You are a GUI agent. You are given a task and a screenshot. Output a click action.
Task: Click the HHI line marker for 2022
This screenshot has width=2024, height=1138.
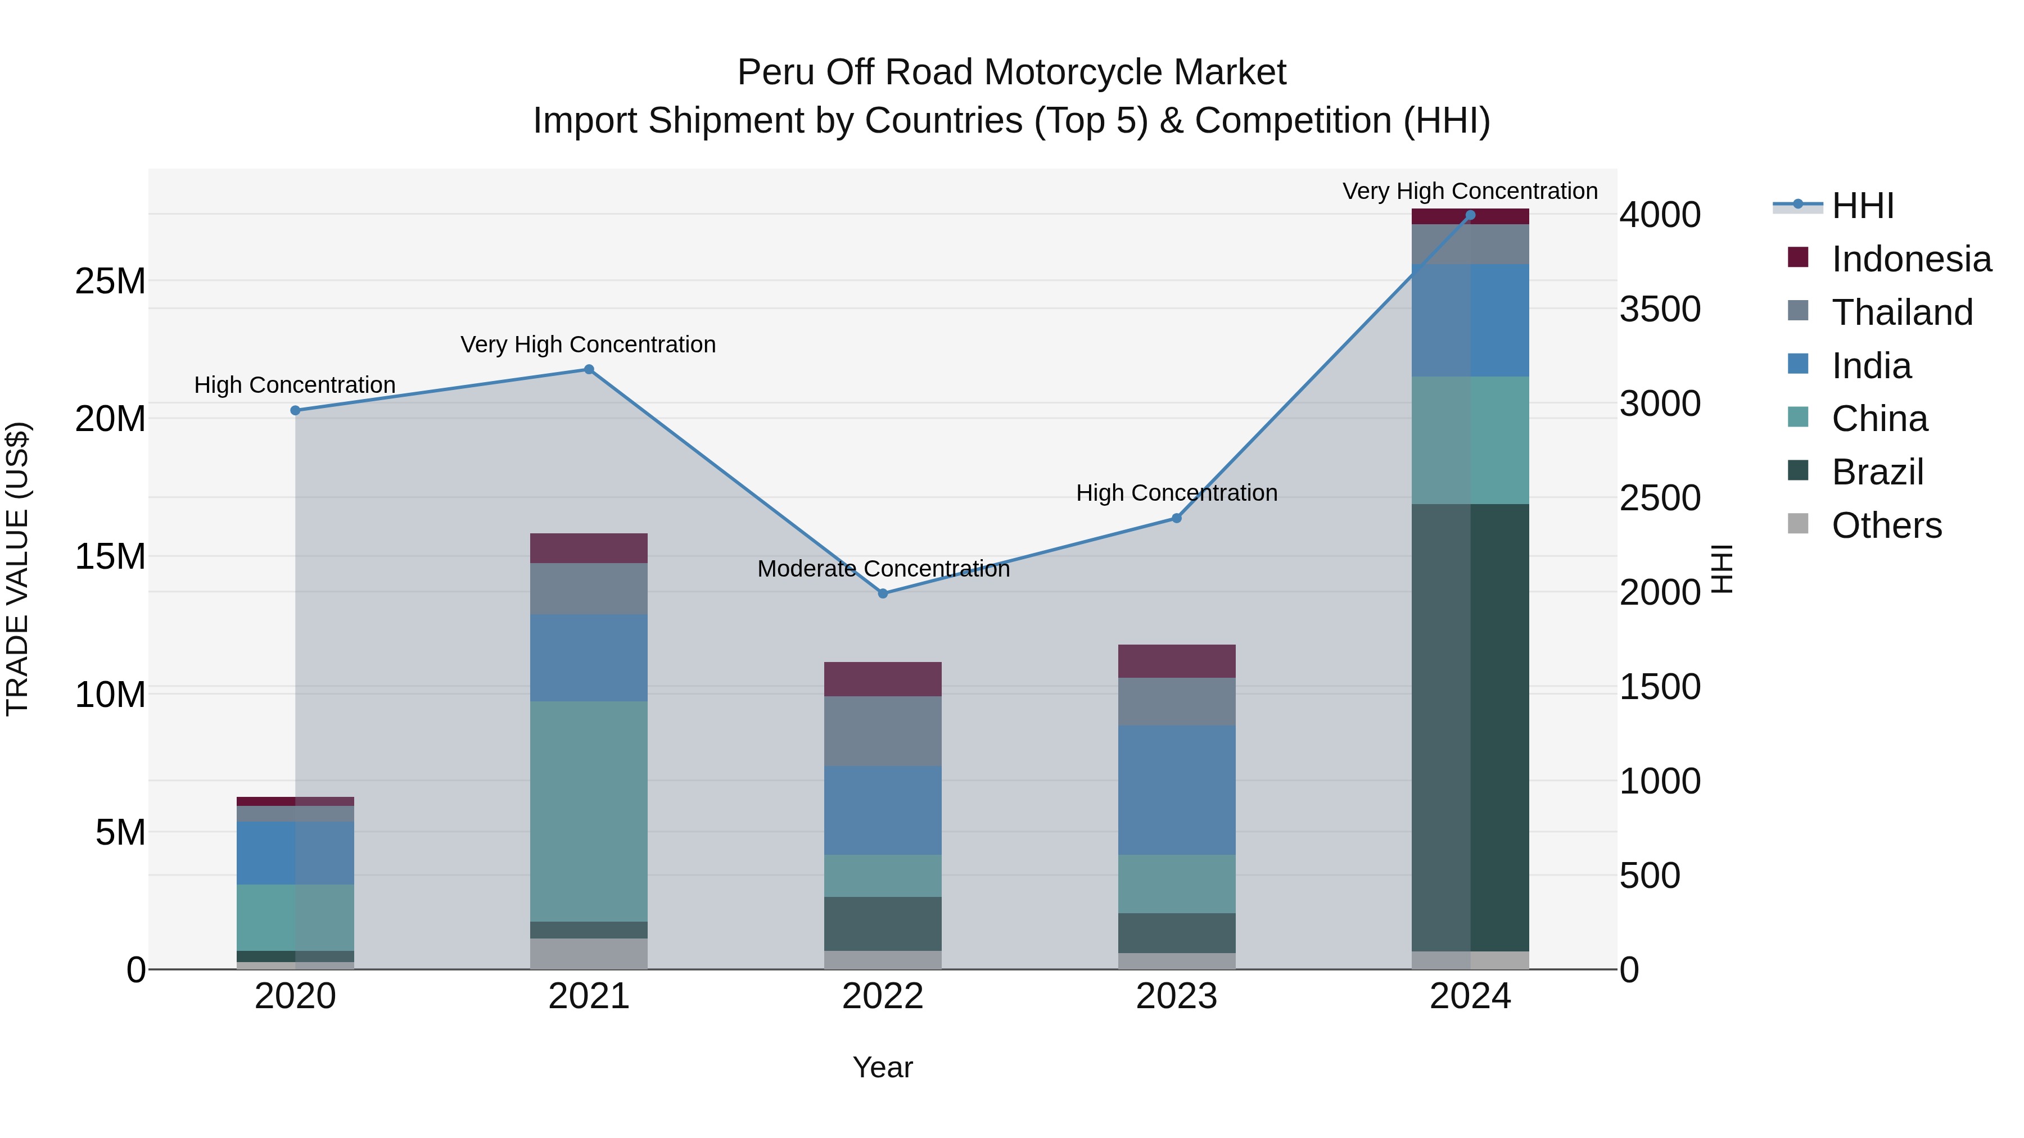pyautogui.click(x=882, y=594)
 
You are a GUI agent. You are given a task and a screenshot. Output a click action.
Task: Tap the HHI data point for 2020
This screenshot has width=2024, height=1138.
pyautogui.click(x=295, y=411)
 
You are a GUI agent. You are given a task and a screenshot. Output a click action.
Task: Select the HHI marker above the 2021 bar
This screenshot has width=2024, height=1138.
pyautogui.click(x=589, y=370)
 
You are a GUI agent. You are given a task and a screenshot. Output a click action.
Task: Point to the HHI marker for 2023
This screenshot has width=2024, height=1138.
pyautogui.click(x=1176, y=518)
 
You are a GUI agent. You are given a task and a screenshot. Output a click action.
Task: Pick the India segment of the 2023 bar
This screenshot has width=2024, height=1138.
pyautogui.click(x=1176, y=790)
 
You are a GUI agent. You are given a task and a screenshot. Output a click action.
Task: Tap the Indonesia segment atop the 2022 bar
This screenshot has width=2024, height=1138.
pyautogui.click(x=882, y=679)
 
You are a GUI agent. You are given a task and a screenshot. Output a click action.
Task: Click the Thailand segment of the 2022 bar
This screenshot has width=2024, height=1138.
pyautogui.click(x=882, y=731)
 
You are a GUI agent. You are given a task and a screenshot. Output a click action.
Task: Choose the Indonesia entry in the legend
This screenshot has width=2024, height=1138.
pyautogui.click(x=1911, y=259)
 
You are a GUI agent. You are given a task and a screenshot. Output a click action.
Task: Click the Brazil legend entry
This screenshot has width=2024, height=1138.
pyautogui.click(x=1877, y=472)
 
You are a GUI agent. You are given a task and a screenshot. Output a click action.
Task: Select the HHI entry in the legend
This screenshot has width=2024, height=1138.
pyautogui.click(x=1862, y=206)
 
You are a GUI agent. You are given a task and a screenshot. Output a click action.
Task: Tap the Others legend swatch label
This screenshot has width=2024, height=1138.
pyautogui.click(x=1886, y=525)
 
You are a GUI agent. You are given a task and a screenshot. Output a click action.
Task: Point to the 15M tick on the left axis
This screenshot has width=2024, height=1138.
pyautogui.click(x=110, y=556)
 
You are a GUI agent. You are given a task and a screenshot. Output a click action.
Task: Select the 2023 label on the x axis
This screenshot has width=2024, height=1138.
pyautogui.click(x=1176, y=996)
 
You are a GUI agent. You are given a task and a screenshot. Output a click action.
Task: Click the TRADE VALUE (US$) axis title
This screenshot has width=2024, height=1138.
pyautogui.click(x=17, y=569)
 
